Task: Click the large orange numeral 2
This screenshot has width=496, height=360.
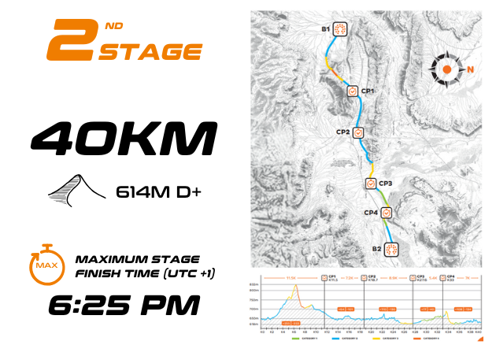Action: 73,40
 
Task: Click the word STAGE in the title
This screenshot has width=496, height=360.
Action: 150,52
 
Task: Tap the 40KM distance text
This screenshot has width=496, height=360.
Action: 123,138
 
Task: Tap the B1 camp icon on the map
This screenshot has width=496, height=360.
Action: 340,30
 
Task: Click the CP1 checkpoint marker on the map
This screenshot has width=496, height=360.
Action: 352,91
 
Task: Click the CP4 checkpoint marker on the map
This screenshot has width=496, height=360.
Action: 386,213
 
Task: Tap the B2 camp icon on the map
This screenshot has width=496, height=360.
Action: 391,249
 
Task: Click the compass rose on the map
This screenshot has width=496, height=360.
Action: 446,69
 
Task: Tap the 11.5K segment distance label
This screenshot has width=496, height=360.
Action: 291,277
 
